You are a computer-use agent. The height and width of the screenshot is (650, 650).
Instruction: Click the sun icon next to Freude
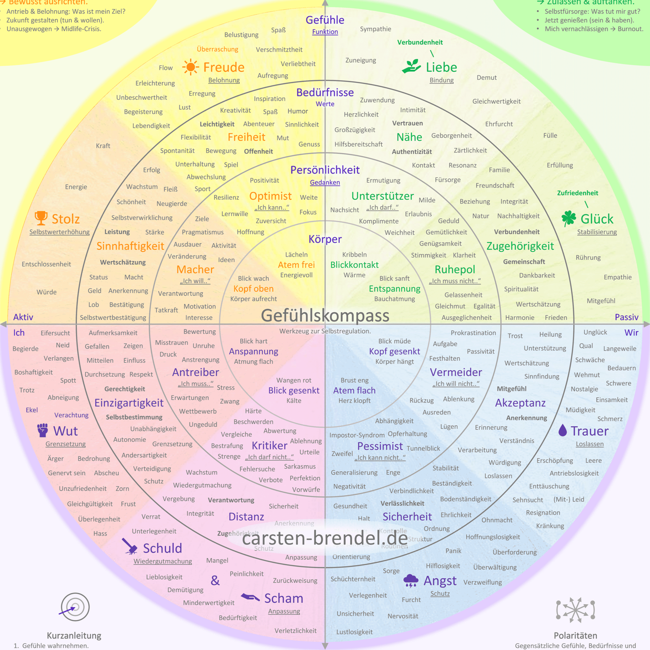click(x=190, y=67)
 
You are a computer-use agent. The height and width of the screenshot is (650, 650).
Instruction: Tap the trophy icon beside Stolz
click(x=41, y=218)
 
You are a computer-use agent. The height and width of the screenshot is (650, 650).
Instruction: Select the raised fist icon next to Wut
click(x=43, y=430)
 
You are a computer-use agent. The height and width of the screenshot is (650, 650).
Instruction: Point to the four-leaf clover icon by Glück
click(x=569, y=218)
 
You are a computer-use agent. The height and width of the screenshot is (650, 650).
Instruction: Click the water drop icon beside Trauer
click(x=563, y=430)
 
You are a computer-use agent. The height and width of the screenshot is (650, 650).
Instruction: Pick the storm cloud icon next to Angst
click(x=410, y=580)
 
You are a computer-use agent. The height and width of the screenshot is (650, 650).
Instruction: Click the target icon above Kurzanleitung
click(x=75, y=607)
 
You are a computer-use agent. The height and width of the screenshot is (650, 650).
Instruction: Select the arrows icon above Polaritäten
click(x=576, y=610)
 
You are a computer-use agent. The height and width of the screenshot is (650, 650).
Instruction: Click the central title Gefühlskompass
click(x=325, y=316)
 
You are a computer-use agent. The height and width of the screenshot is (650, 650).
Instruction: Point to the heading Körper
click(x=325, y=239)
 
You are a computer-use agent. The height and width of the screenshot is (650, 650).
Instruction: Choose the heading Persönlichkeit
click(x=325, y=170)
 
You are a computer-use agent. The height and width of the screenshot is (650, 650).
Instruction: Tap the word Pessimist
click(x=380, y=446)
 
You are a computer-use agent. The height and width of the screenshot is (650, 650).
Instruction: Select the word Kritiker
click(x=270, y=446)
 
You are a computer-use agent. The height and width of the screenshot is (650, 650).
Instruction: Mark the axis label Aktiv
click(x=23, y=317)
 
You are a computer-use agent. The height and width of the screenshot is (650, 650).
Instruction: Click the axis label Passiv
click(x=626, y=317)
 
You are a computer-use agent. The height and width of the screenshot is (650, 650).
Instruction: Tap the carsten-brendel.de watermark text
click(x=325, y=538)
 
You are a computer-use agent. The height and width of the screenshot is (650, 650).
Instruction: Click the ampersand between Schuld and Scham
click(x=215, y=580)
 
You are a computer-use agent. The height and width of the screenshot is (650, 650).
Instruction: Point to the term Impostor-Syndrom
click(x=357, y=435)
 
